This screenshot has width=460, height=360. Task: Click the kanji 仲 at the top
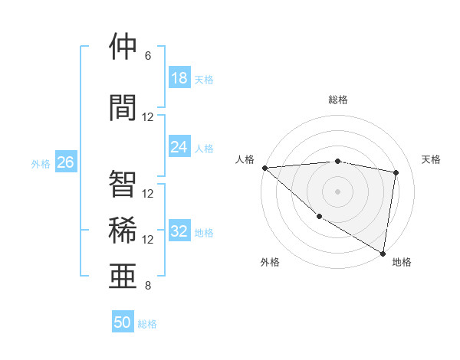point(123,47)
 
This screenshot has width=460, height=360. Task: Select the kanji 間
point(123,108)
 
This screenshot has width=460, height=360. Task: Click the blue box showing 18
point(179,78)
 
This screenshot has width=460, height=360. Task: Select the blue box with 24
point(179,148)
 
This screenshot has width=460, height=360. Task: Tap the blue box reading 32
point(179,232)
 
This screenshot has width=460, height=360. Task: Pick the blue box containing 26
point(65,162)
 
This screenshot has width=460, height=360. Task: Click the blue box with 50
point(123,322)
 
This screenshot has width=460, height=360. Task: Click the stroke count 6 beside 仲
point(148,56)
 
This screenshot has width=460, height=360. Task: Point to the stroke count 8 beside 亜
point(148,286)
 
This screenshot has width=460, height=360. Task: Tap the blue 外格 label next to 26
point(41,163)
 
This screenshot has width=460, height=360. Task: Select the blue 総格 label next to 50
point(147,323)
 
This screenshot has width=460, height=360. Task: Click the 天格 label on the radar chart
point(432,159)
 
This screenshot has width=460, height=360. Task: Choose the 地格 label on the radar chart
point(402,262)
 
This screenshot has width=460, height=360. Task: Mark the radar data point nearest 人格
point(264,168)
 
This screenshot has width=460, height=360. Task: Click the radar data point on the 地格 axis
point(383,252)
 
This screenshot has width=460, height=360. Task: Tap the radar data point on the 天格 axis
point(396,172)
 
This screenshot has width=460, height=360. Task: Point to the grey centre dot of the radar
point(337,191)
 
